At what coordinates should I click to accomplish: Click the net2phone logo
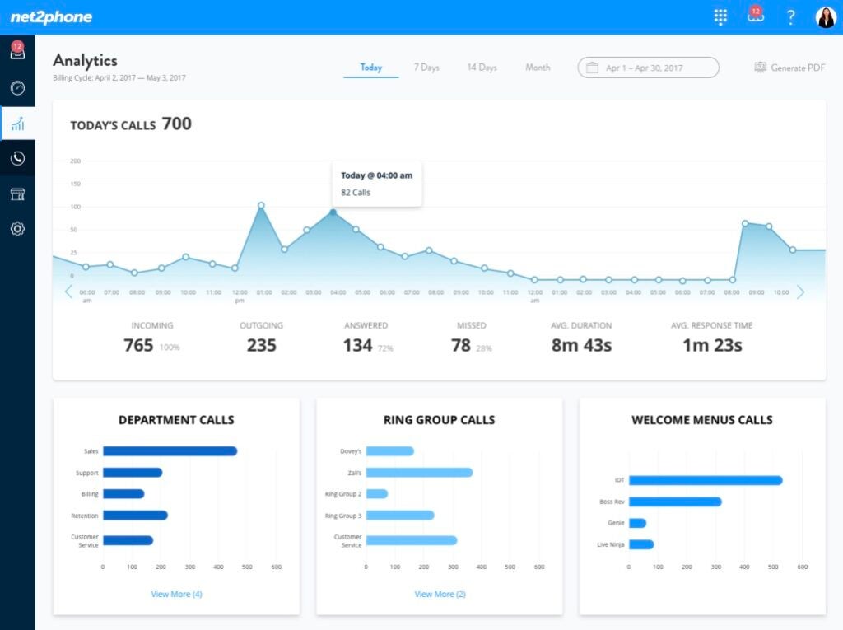pyautogui.click(x=51, y=17)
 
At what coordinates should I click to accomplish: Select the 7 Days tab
pyautogui.click(x=426, y=68)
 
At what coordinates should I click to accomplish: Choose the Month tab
pyautogui.click(x=538, y=68)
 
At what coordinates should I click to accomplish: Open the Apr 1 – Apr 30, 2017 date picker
pyautogui.click(x=648, y=68)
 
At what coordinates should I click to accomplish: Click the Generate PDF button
pyautogui.click(x=789, y=68)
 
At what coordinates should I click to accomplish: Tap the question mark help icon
pyautogui.click(x=790, y=17)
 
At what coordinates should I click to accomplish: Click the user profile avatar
pyautogui.click(x=825, y=17)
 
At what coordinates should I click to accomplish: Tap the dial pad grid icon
pyautogui.click(x=721, y=17)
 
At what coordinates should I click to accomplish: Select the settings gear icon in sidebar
pyautogui.click(x=17, y=229)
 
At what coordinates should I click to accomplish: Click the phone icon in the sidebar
pyautogui.click(x=17, y=158)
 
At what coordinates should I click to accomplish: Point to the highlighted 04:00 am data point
pyautogui.click(x=333, y=212)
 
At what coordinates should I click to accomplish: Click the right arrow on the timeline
pyautogui.click(x=800, y=292)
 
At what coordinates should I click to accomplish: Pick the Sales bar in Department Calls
pyautogui.click(x=170, y=451)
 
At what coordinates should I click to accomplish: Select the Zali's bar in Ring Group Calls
pyautogui.click(x=419, y=473)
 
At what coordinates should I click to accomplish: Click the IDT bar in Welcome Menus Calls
pyautogui.click(x=705, y=480)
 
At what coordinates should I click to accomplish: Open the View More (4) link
pyautogui.click(x=176, y=594)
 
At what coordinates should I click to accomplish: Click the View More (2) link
pyautogui.click(x=440, y=594)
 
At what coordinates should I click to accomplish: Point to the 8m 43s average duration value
pyautogui.click(x=581, y=346)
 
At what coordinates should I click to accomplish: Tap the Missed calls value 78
pyautogui.click(x=461, y=346)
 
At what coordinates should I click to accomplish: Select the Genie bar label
pyautogui.click(x=616, y=523)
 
